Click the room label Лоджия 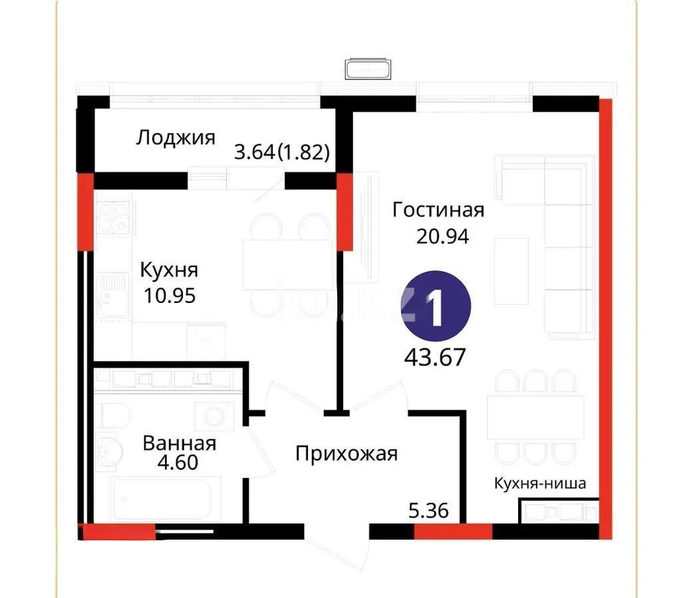tap(176, 138)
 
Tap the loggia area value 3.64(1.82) tap(282, 153)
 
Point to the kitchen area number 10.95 tap(170, 296)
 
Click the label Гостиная tap(438, 210)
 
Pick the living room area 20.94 tap(443, 236)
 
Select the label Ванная tap(180, 443)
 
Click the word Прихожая tap(346, 454)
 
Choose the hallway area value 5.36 tap(428, 511)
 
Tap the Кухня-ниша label tap(539, 483)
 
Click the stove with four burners tap(114, 218)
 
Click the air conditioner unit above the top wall tap(368, 68)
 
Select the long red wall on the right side tap(605, 319)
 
